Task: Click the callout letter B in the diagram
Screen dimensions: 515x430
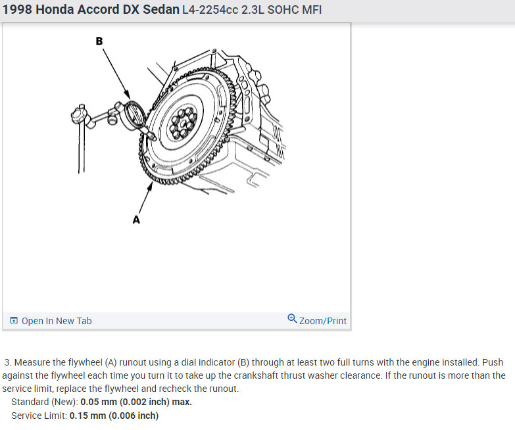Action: click(x=99, y=41)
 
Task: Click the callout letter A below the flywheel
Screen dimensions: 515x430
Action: click(x=136, y=219)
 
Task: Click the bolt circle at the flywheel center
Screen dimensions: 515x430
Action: click(x=183, y=123)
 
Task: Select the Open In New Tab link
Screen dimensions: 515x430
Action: click(x=57, y=321)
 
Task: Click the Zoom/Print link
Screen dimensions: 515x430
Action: click(x=323, y=321)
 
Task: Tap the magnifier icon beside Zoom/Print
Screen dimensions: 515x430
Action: click(x=292, y=318)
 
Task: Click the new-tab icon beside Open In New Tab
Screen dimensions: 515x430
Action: click(x=14, y=320)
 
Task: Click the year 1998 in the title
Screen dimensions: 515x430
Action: click(x=17, y=9)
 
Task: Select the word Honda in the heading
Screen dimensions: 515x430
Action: click(x=55, y=9)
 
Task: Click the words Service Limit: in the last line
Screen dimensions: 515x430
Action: click(x=39, y=416)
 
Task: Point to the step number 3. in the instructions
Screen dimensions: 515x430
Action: click(x=8, y=362)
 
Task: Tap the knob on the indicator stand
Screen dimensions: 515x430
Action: click(x=79, y=116)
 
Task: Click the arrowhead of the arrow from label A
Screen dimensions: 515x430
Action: click(x=151, y=186)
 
